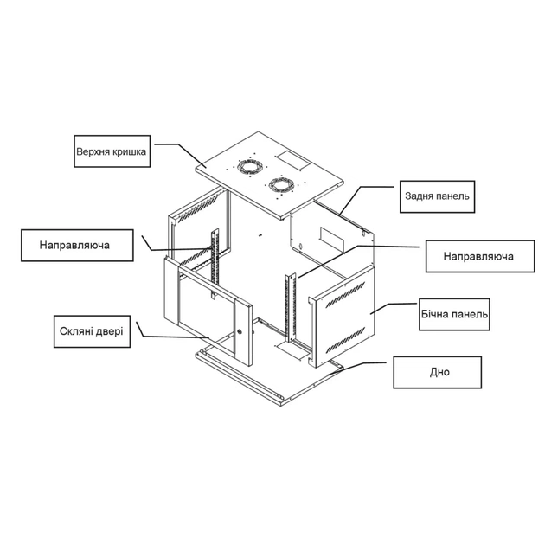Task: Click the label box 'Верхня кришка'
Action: click(112, 151)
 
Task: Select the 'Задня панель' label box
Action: click(437, 196)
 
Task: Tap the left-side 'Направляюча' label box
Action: click(77, 245)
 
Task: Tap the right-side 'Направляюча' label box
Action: click(480, 256)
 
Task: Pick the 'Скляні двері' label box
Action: click(92, 331)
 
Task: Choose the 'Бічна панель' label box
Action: click(454, 314)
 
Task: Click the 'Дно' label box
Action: click(437, 372)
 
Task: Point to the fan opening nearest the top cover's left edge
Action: click(248, 166)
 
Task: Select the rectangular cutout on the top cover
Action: click(292, 161)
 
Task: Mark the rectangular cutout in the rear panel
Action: click(331, 240)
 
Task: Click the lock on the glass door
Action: click(240, 331)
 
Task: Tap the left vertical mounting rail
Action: click(215, 264)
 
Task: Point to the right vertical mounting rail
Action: click(290, 307)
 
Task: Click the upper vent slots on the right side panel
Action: click(345, 294)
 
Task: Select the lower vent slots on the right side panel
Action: click(345, 340)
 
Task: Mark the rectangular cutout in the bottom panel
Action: click(292, 350)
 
